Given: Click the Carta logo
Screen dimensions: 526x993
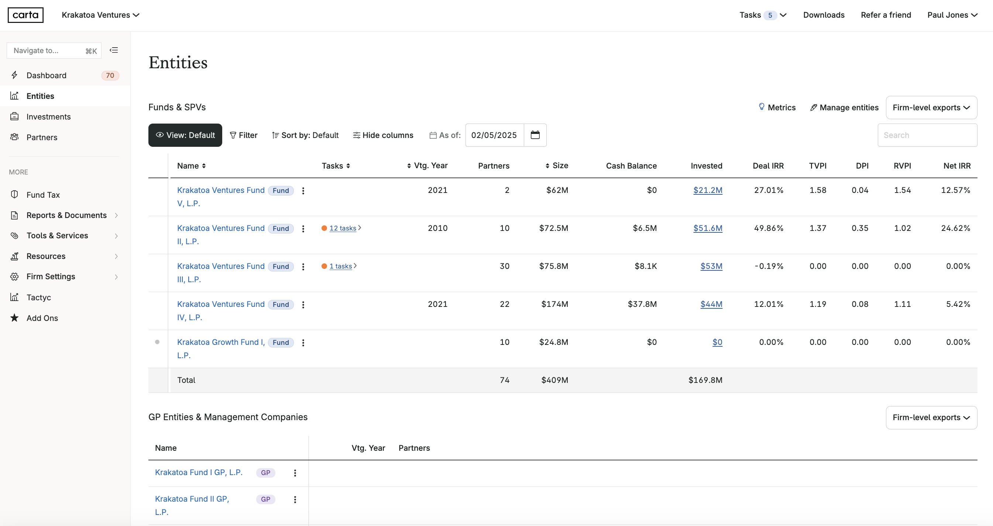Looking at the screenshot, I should click(25, 15).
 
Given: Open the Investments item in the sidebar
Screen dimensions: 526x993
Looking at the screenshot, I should click(48, 117).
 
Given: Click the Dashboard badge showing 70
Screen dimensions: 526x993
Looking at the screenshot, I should click(110, 76).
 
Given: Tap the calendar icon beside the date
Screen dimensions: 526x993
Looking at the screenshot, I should click(535, 135).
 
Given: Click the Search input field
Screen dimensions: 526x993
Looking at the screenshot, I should click(927, 135).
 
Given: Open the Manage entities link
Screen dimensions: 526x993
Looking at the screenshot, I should click(844, 107).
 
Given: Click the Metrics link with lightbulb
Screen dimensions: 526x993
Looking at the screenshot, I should click(777, 107).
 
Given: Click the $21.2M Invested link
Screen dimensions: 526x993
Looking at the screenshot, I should click(707, 190).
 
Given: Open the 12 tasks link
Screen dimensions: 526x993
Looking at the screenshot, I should click(342, 228).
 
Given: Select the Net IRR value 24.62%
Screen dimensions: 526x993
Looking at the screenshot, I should click(955, 228).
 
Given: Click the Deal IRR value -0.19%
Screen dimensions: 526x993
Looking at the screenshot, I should click(769, 266).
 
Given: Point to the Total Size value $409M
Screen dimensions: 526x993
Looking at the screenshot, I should click(554, 380).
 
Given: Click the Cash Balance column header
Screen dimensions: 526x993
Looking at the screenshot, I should click(631, 166).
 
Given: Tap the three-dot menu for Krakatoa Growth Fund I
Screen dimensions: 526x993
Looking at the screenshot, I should click(303, 343).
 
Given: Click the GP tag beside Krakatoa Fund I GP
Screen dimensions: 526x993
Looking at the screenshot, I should click(265, 473).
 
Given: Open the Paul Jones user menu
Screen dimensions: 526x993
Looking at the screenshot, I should click(952, 15).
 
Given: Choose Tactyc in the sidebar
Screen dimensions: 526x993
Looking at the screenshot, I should click(38, 297).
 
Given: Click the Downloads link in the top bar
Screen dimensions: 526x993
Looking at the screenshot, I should click(824, 15).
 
